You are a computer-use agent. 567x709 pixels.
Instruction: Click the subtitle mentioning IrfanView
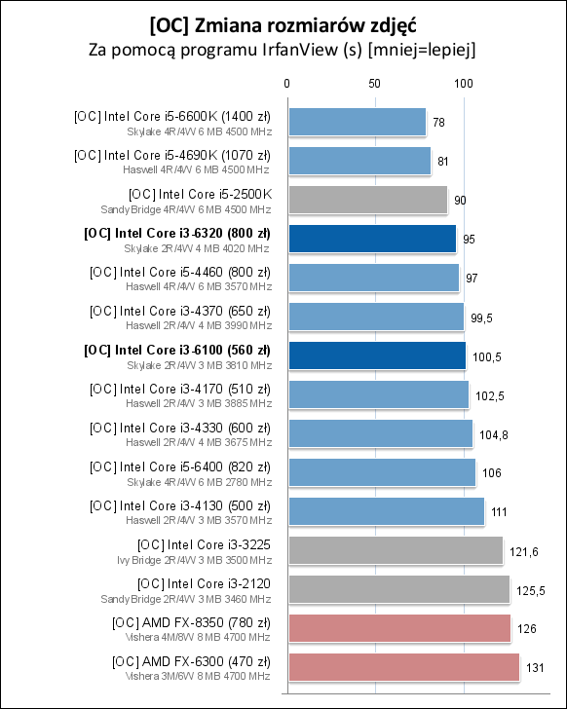coord(283,48)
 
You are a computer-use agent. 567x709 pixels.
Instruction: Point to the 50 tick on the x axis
coord(375,84)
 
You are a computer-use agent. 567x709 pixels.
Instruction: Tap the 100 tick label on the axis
coord(464,84)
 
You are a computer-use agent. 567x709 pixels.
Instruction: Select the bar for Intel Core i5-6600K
coord(357,122)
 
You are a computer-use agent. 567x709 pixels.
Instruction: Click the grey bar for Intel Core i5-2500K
coord(367,200)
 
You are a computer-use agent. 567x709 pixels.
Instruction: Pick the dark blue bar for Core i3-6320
coord(371,239)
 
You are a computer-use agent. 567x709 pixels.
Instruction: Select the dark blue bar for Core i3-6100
coord(376,355)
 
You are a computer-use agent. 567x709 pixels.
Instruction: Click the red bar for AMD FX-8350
coord(398,628)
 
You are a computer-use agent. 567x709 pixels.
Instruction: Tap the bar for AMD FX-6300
coord(403,667)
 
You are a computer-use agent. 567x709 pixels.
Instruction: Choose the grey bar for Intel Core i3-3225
coord(395,550)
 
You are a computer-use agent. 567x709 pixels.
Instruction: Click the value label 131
coord(535,668)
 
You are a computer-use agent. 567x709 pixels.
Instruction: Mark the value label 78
coord(439,123)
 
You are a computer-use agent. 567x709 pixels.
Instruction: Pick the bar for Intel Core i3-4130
coord(385,511)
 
